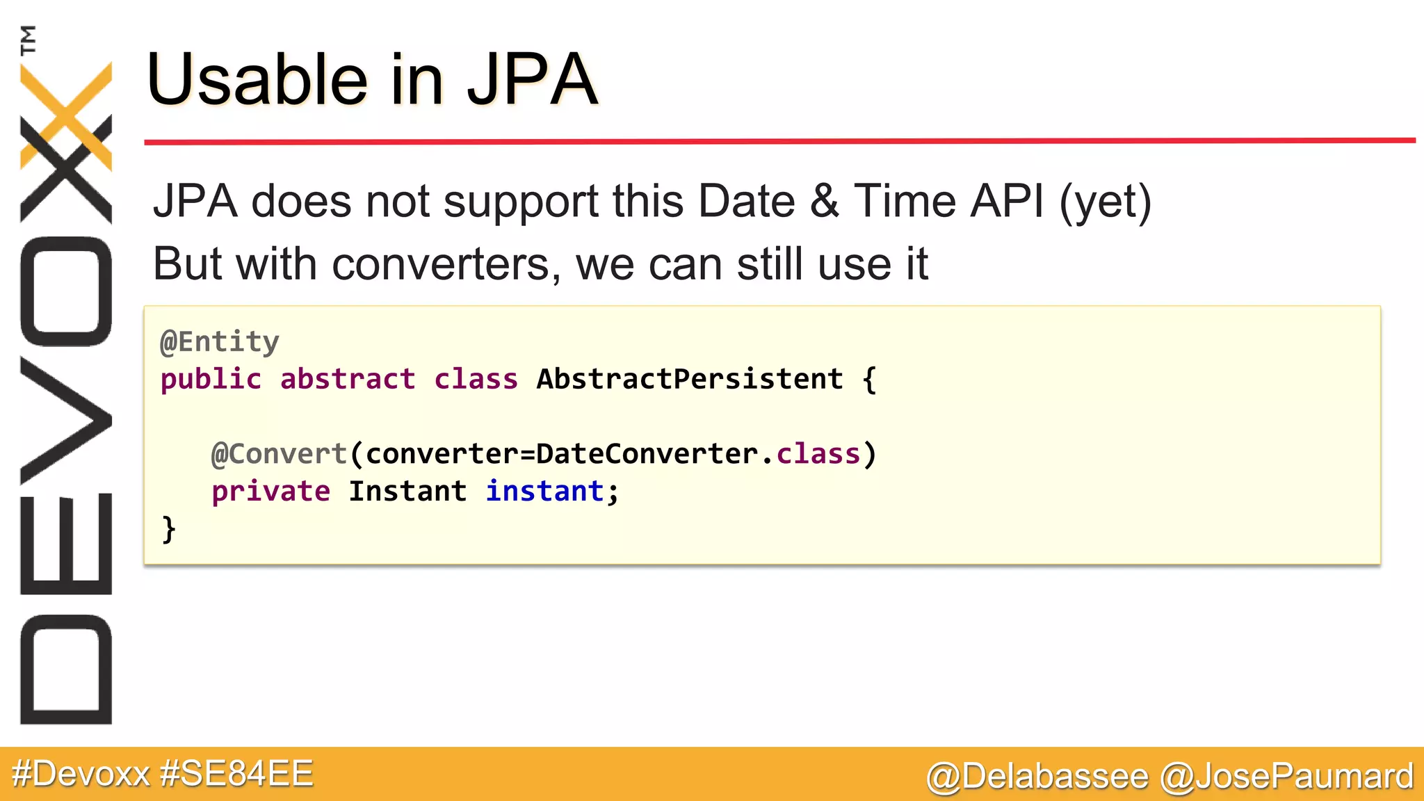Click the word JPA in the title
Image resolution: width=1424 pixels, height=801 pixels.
(x=532, y=81)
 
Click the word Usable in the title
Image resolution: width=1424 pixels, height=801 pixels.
(x=257, y=81)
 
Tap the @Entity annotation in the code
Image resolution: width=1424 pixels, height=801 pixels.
(x=220, y=342)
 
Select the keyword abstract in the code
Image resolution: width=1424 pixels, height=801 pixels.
(x=348, y=380)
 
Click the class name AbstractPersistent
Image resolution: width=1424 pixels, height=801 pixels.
(x=690, y=380)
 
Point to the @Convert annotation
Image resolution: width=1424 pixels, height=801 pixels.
(x=279, y=454)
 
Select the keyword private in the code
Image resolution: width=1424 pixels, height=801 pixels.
(x=270, y=492)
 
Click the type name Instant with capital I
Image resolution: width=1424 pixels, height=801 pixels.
(x=407, y=492)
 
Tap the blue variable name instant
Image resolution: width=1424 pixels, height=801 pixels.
(x=544, y=492)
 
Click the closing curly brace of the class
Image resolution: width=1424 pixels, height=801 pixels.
(x=168, y=529)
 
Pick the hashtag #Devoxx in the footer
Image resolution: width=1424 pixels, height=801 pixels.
(x=81, y=774)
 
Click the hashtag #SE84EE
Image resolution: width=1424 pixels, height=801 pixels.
(x=236, y=774)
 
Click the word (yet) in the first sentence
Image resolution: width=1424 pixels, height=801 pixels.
(x=1106, y=202)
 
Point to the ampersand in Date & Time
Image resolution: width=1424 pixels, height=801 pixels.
(x=824, y=202)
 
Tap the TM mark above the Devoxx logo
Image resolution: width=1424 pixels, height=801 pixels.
(x=28, y=40)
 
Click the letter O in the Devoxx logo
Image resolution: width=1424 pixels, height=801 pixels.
(x=66, y=291)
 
